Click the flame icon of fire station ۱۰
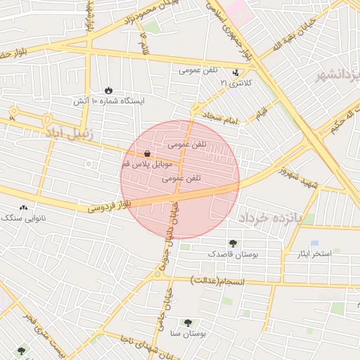108,90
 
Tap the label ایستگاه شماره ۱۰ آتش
108,101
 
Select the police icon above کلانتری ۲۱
236,72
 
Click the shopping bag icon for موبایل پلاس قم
146,153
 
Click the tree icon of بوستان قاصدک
233,243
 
